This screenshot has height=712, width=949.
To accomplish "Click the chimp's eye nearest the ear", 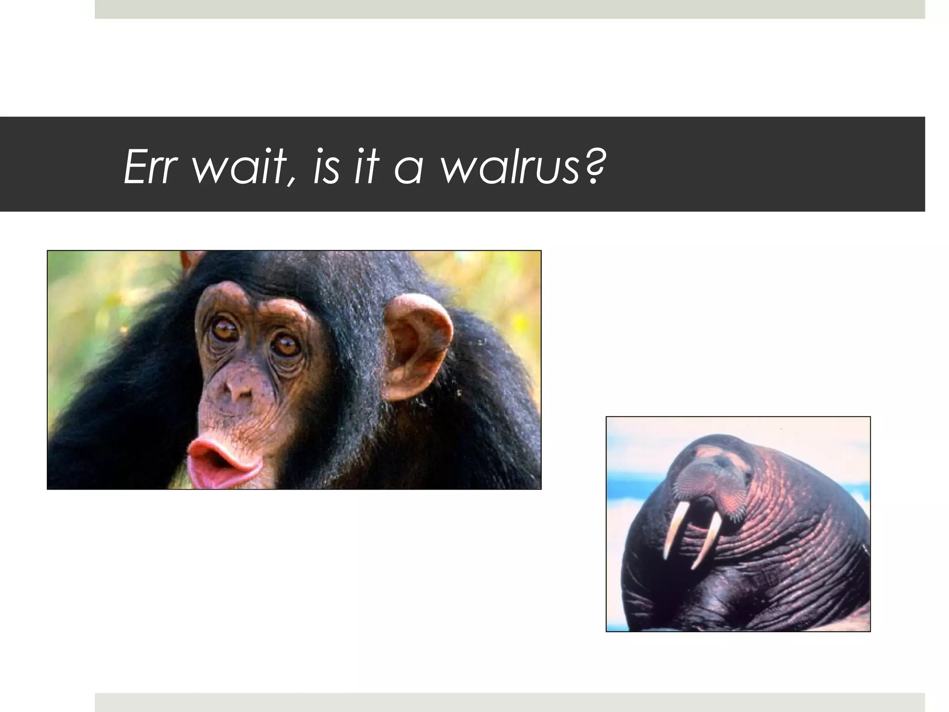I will [x=286, y=345].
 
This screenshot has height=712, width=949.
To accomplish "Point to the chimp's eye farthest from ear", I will [x=225, y=330].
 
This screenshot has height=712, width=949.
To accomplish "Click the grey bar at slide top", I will [x=510, y=9].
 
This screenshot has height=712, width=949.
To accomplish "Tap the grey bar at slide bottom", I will [x=510, y=702].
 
